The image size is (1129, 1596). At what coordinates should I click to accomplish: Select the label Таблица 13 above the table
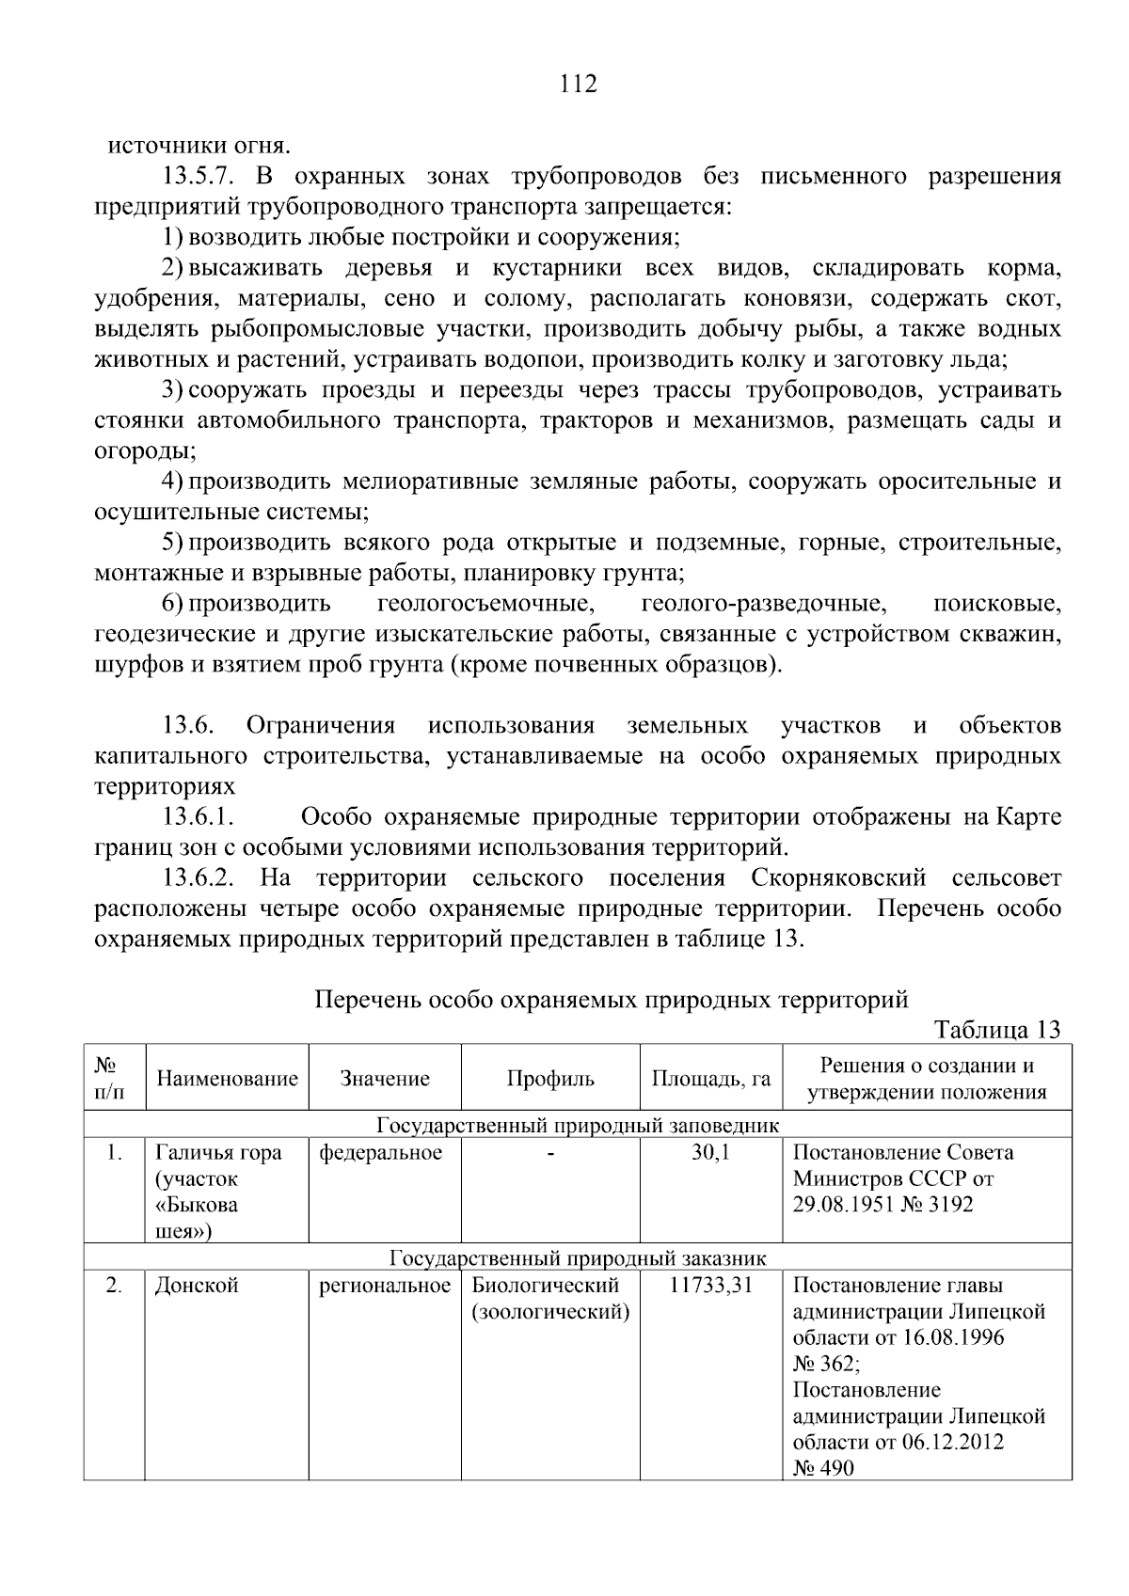(x=997, y=1030)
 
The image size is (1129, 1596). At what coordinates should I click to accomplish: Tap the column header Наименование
(x=227, y=1079)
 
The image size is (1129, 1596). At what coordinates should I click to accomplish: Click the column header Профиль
(x=550, y=1079)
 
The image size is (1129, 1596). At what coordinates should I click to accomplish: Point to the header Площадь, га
(x=711, y=1079)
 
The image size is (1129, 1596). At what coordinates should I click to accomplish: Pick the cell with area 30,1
(x=711, y=1153)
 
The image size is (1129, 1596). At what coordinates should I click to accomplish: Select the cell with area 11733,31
(x=711, y=1286)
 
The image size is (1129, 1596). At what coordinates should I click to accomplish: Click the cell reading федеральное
(x=381, y=1153)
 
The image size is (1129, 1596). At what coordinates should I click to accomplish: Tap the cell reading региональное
(x=385, y=1286)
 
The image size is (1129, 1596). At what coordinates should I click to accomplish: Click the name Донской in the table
(x=197, y=1286)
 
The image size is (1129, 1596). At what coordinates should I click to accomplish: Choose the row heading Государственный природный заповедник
(x=578, y=1125)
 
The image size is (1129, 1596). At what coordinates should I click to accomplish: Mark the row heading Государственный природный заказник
(x=578, y=1258)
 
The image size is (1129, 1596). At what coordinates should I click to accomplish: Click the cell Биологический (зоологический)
(x=549, y=1299)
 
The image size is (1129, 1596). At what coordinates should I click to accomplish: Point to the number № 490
(x=823, y=1467)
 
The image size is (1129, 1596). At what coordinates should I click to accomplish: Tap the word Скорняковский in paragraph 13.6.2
(x=838, y=879)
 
